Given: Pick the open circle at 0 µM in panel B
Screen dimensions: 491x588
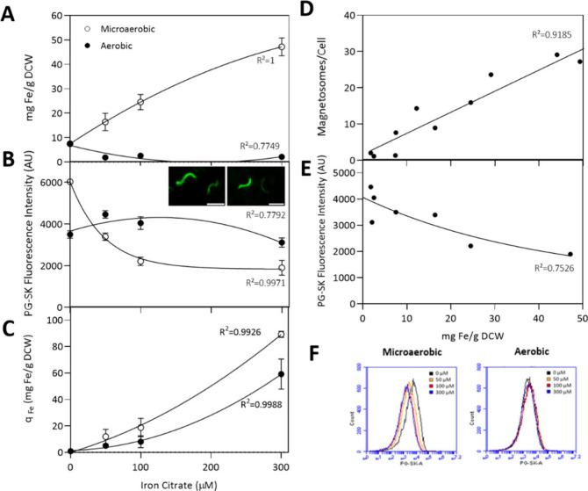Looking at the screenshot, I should pos(70,182).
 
